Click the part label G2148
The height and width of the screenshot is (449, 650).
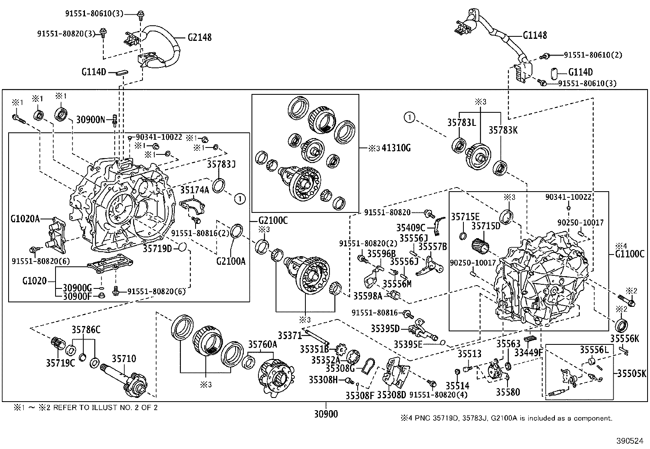tap(200, 37)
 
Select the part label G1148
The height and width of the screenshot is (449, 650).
tap(535, 36)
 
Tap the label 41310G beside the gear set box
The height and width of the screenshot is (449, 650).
tap(396, 148)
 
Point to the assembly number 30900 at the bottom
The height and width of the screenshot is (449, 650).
tap(326, 414)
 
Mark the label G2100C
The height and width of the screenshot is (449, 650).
tap(273, 221)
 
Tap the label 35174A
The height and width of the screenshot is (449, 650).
tap(195, 190)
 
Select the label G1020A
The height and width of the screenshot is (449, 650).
tap(25, 219)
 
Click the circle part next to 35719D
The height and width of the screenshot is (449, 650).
tap(183, 247)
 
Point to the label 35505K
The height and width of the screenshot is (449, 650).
tap(632, 373)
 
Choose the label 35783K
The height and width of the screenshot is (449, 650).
tap(503, 130)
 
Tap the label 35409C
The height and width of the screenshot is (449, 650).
tap(410, 227)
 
